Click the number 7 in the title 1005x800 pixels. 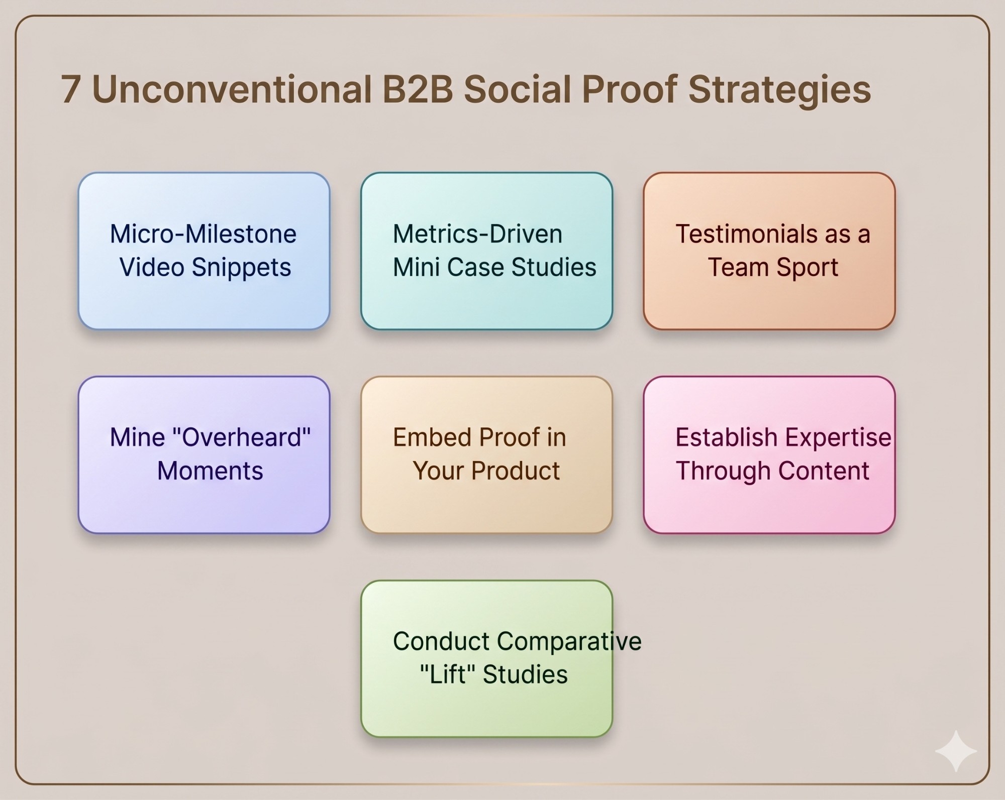click(x=71, y=89)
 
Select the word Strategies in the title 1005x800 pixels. click(x=779, y=90)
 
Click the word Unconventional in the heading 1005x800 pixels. click(x=232, y=89)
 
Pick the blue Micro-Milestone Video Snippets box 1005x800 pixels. click(x=204, y=251)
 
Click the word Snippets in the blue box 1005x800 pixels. click(x=241, y=268)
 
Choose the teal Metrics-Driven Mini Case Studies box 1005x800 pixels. click(x=486, y=251)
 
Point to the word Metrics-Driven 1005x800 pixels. click(x=477, y=234)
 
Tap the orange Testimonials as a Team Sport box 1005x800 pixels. click(x=769, y=251)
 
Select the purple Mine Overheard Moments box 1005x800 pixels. click(x=204, y=455)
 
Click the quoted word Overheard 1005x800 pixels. click(x=241, y=437)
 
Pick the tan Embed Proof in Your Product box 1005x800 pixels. click(x=486, y=455)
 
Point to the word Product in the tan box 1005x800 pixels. click(x=516, y=471)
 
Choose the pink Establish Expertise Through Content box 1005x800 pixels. click(x=769, y=455)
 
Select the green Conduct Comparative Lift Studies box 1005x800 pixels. click(x=486, y=659)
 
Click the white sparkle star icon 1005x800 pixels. click(x=956, y=751)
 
